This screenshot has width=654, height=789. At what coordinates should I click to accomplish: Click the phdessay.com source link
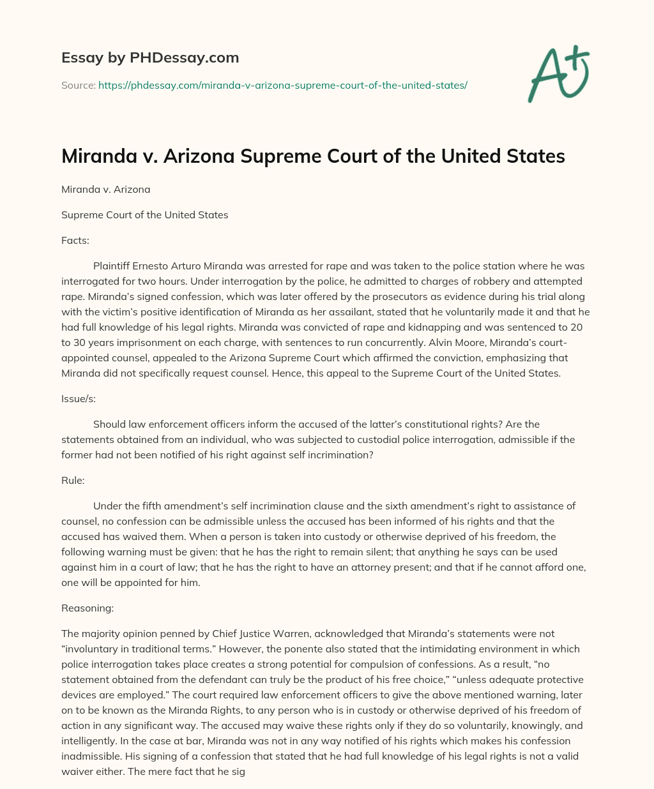(283, 85)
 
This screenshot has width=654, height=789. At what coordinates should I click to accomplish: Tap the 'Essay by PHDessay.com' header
(150, 58)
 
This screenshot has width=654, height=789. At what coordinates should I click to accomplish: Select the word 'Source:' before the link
(78, 85)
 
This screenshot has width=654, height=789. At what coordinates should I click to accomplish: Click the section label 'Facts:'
(75, 240)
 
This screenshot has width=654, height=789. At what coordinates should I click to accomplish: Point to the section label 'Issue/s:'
(78, 398)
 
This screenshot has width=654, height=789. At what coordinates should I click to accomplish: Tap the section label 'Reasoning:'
(87, 608)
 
